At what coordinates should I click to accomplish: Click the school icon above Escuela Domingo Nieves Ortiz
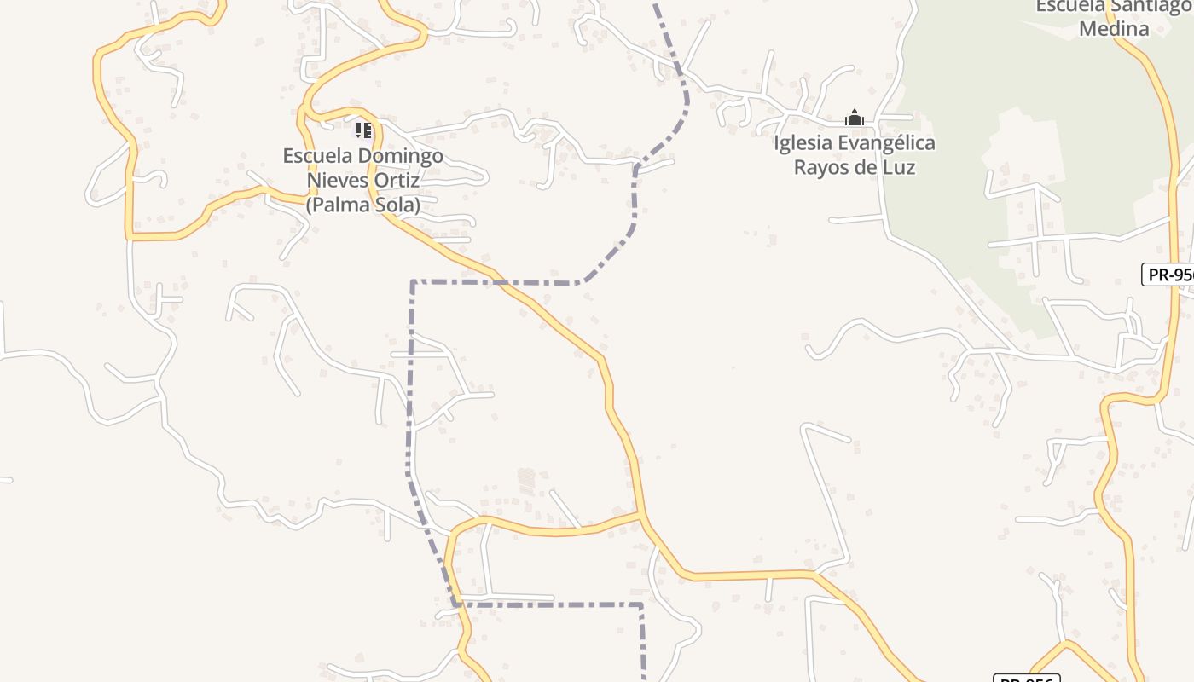tap(363, 130)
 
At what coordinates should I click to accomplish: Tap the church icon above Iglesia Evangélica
tap(854, 118)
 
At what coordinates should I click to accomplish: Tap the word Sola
tap(395, 205)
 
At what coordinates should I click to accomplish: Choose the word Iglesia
tap(803, 142)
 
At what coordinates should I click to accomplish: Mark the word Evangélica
tap(887, 142)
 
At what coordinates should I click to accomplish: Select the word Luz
tap(899, 167)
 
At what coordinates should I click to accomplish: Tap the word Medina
tap(1114, 28)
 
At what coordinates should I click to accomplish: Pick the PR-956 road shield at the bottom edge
tap(1026, 679)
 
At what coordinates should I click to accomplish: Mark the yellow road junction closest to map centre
tap(640, 514)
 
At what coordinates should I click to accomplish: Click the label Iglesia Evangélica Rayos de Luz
tap(855, 154)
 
